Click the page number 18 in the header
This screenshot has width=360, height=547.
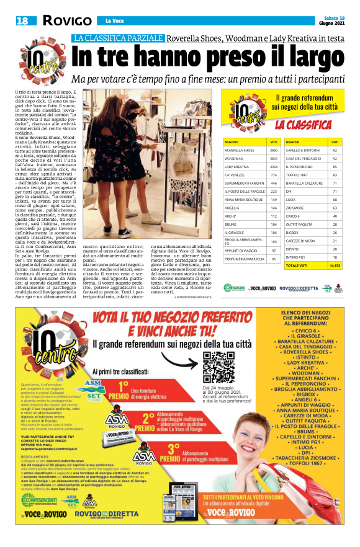23,21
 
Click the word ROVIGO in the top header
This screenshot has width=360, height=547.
67,21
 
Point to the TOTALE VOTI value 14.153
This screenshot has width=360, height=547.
335,265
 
